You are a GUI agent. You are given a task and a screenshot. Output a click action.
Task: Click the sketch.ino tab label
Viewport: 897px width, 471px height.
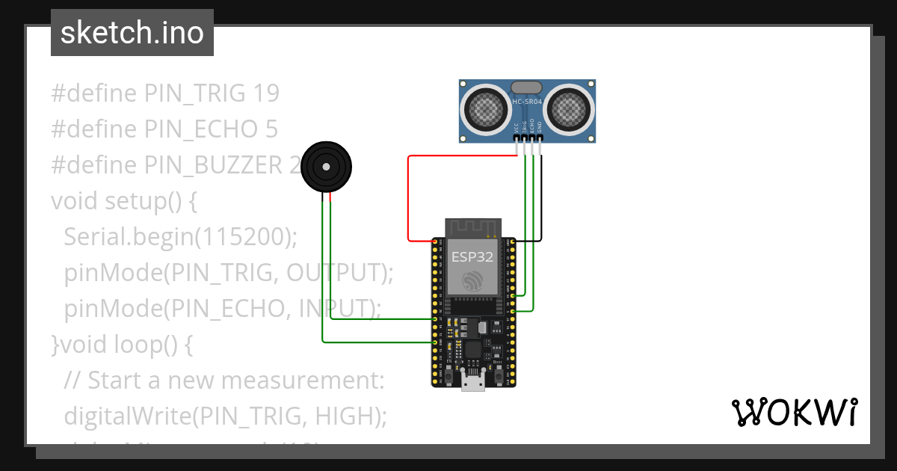pos(132,33)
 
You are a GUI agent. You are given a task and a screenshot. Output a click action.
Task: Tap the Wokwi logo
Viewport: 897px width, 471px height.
pos(793,412)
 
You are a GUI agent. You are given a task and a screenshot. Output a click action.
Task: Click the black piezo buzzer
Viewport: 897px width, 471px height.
pos(326,167)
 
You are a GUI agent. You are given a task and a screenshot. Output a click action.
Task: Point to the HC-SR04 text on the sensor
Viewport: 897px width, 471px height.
pos(527,102)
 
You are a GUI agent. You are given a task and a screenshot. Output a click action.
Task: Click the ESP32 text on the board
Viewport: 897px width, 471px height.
pos(472,257)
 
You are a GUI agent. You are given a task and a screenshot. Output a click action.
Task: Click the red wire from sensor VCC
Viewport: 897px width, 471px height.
pos(409,194)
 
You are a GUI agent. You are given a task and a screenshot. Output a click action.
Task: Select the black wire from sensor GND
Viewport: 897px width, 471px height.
pos(541,194)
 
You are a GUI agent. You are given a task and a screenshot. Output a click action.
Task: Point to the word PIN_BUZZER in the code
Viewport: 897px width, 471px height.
pos(214,165)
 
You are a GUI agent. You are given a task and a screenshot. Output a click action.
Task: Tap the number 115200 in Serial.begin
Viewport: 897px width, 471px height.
pos(242,237)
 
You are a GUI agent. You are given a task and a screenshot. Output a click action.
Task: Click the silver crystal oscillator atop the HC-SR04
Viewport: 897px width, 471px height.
pos(527,88)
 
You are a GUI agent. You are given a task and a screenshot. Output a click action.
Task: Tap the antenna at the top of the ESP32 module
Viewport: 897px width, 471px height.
pos(472,227)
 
